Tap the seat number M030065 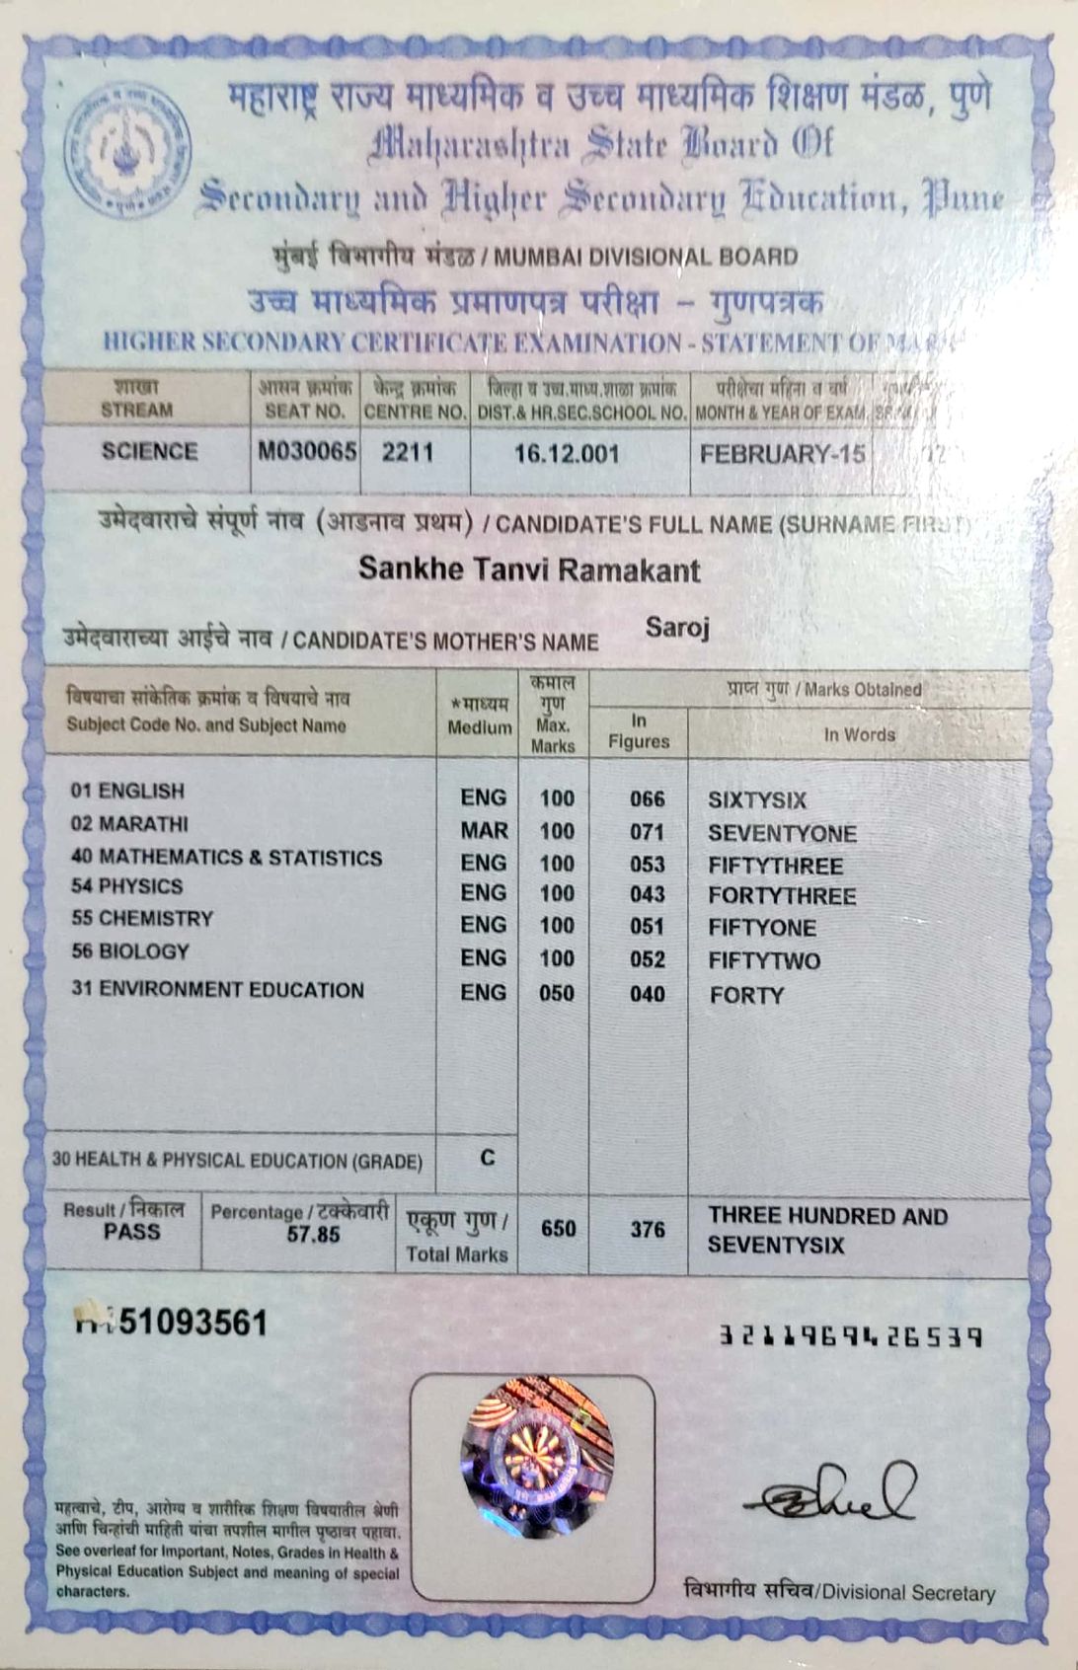[x=307, y=452]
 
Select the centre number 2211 [x=408, y=452]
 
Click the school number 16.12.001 [x=567, y=454]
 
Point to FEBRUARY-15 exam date [x=782, y=454]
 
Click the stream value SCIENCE [x=149, y=451]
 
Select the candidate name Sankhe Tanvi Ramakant [x=529, y=569]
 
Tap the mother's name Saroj [x=677, y=628]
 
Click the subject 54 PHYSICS [x=126, y=886]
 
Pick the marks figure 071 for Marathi [x=647, y=832]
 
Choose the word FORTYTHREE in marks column [x=782, y=896]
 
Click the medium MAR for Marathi [x=484, y=830]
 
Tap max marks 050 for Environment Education [x=557, y=993]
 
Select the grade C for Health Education [x=488, y=1158]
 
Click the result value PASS [x=131, y=1232]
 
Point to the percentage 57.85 [x=313, y=1235]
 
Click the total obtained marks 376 [x=647, y=1230]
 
